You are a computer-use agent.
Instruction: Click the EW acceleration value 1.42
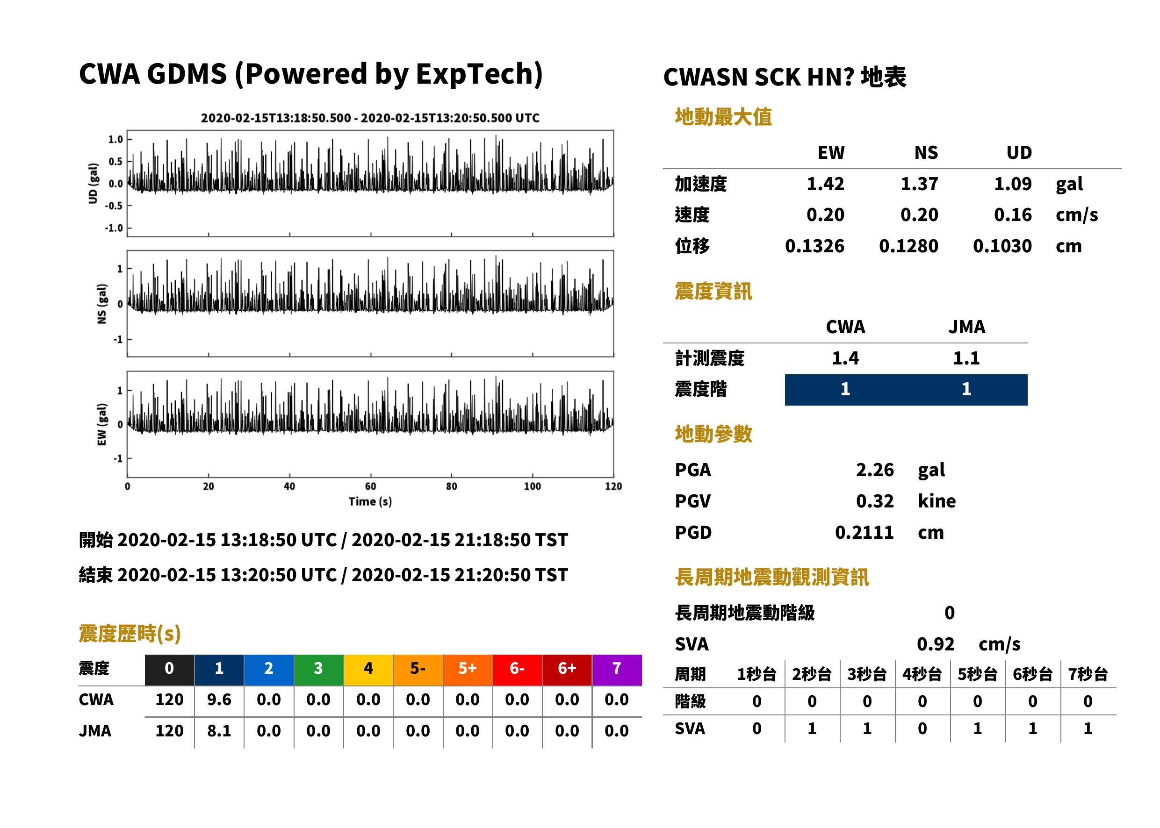pyautogui.click(x=825, y=184)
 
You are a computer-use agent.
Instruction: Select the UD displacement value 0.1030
pyautogui.click(x=1002, y=246)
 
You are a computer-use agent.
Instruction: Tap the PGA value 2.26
pyautogui.click(x=874, y=470)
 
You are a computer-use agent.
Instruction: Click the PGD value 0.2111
pyautogui.click(x=864, y=532)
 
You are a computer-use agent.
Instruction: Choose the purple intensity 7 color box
pyautogui.click(x=617, y=670)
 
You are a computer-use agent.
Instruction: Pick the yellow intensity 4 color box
pyautogui.click(x=368, y=670)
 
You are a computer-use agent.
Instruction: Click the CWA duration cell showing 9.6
pyautogui.click(x=219, y=700)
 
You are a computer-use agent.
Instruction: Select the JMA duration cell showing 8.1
pyautogui.click(x=219, y=731)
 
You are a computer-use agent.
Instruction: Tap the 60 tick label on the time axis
pyautogui.click(x=370, y=486)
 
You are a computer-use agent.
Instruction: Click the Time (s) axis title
pyautogui.click(x=370, y=502)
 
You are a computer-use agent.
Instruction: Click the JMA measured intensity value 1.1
pyautogui.click(x=966, y=358)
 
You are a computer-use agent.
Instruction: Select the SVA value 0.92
pyautogui.click(x=935, y=644)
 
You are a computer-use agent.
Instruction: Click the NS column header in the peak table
pyautogui.click(x=926, y=152)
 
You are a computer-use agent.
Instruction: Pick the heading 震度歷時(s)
pyautogui.click(x=130, y=633)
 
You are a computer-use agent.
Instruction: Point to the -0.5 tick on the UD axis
pyautogui.click(x=114, y=206)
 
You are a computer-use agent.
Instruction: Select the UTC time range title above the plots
pyautogui.click(x=370, y=118)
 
